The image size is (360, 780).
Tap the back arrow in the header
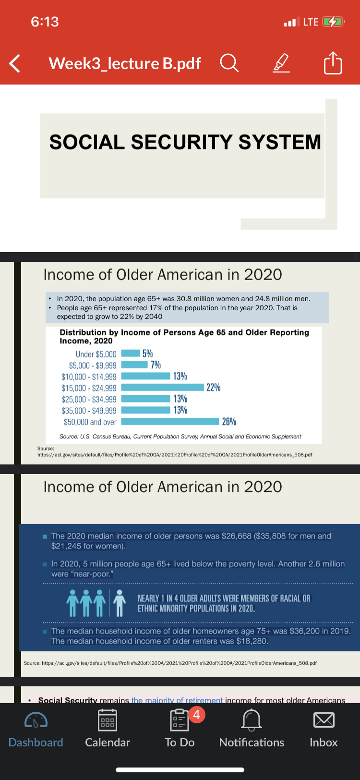coord(14,63)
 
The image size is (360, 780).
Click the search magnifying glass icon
coord(229,63)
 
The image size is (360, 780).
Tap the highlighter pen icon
coord(281,63)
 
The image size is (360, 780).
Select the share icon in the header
coord(333,62)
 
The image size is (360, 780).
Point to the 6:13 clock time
coord(45,22)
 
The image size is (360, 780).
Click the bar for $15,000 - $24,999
coord(163,387)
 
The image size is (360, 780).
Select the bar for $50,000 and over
coord(170,421)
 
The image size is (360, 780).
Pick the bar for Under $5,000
coord(131,353)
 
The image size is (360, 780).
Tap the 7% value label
coord(156,365)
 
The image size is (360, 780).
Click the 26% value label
coord(229,421)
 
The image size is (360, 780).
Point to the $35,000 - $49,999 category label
coord(89,411)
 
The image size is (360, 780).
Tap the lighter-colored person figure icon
coord(120,603)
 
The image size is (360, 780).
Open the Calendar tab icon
coord(108,720)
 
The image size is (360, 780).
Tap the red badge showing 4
coord(196,715)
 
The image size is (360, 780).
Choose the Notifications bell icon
coord(252,720)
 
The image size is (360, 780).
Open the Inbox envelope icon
coord(324,720)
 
